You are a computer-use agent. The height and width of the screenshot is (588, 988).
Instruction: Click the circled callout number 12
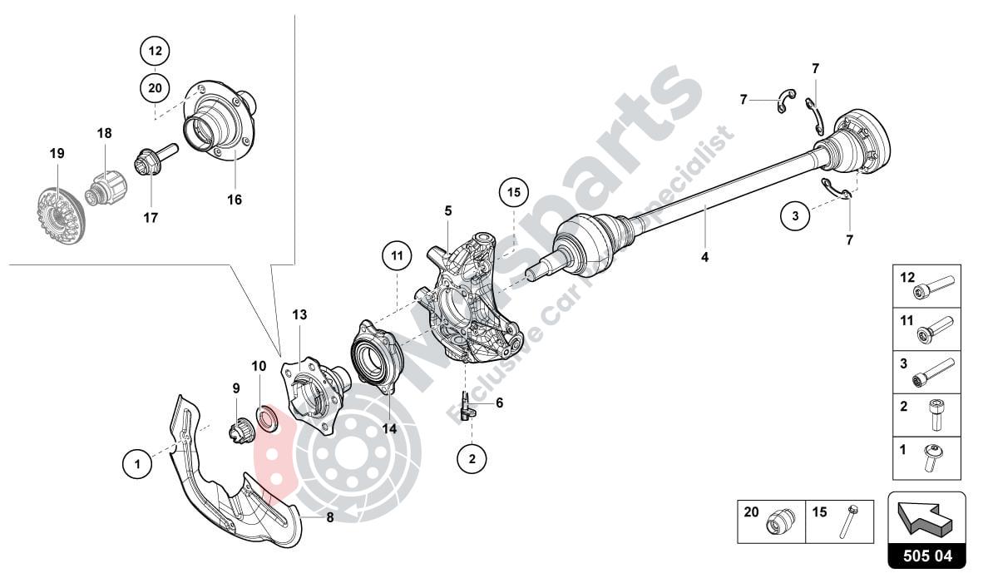[x=155, y=52]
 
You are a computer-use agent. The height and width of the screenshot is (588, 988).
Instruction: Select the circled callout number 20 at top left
[x=155, y=86]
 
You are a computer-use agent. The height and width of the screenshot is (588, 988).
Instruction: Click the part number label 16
[x=235, y=200]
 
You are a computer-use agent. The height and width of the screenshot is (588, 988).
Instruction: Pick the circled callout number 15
[x=514, y=193]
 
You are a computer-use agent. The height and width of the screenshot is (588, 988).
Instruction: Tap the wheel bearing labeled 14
[x=378, y=356]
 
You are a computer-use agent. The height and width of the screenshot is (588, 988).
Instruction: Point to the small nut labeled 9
[x=240, y=430]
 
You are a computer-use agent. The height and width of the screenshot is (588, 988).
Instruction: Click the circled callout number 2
[x=472, y=458]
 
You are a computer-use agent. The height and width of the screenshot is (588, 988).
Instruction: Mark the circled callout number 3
[x=795, y=216]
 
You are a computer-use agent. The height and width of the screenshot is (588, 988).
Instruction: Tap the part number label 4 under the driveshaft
[x=704, y=257]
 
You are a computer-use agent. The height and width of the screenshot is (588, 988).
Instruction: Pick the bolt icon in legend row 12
[x=936, y=290]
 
